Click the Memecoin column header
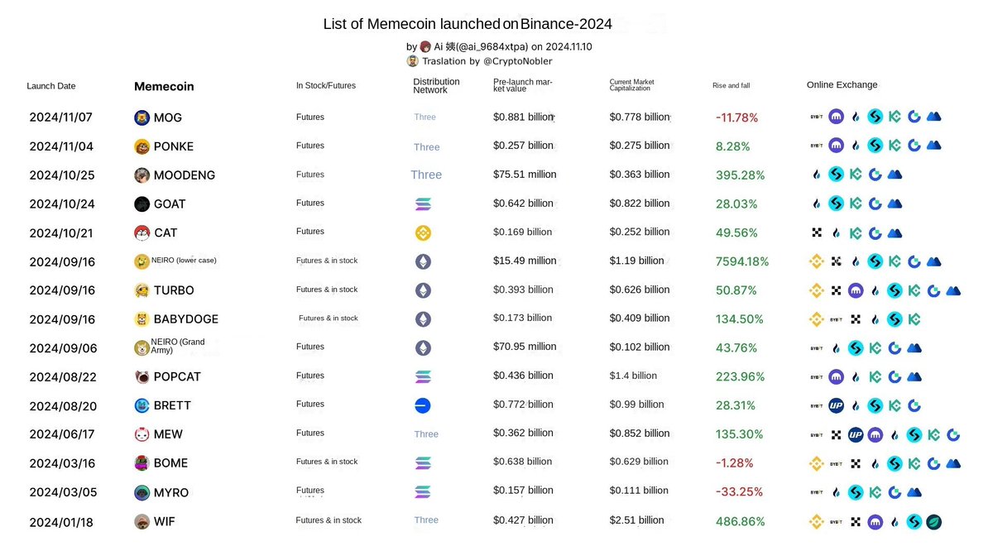coord(164,86)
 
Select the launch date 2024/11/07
coord(61,117)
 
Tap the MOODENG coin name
coord(184,175)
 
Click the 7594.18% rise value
coord(742,261)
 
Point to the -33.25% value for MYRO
coord(739,491)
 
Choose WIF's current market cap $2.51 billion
coord(637,520)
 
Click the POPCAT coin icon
coord(142,376)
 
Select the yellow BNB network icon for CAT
coord(423,232)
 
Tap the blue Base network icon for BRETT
coord(423,405)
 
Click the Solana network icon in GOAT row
coord(423,204)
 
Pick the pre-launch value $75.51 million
coord(525,175)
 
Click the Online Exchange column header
coord(842,84)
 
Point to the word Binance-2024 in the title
coord(566,25)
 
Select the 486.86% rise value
coord(740,521)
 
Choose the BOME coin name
coord(170,462)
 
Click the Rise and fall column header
coord(731,85)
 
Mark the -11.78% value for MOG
coord(736,117)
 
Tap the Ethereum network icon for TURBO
coord(423,290)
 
